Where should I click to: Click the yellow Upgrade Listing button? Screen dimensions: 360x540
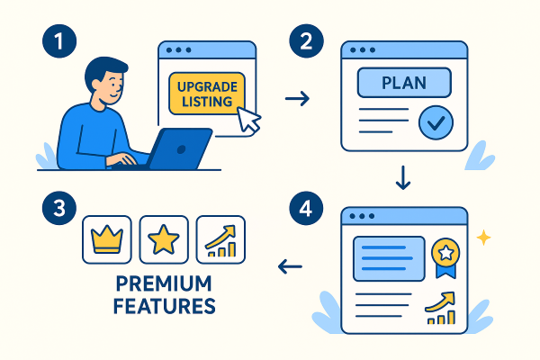pos(205,93)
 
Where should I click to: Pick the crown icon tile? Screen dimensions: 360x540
pos(107,240)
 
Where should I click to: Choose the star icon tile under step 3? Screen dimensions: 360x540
pos(164,240)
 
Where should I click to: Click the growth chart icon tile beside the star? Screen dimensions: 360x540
pos(220,240)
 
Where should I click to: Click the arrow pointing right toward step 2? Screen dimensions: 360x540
pos(297,96)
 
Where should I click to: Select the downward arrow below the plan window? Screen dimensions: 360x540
pos(403,179)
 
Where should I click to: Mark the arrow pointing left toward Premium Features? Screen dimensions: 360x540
pos(290,265)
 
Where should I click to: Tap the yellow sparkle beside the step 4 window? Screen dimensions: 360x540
pos(483,238)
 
